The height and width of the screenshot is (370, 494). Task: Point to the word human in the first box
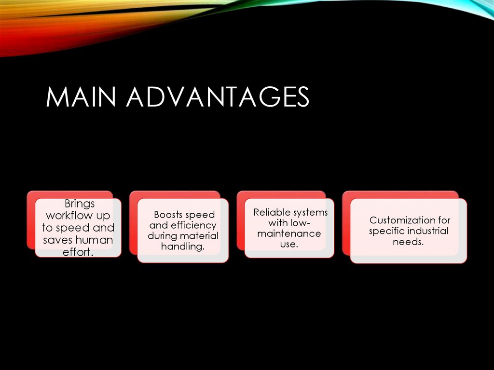click(x=95, y=240)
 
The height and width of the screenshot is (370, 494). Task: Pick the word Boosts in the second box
click(x=168, y=215)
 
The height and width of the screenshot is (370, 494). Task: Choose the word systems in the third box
click(x=310, y=212)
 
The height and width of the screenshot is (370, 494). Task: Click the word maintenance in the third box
click(x=289, y=233)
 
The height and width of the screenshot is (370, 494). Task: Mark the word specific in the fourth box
click(x=386, y=231)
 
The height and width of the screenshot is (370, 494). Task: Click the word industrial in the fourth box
click(x=427, y=231)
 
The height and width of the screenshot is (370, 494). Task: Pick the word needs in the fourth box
click(x=408, y=242)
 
